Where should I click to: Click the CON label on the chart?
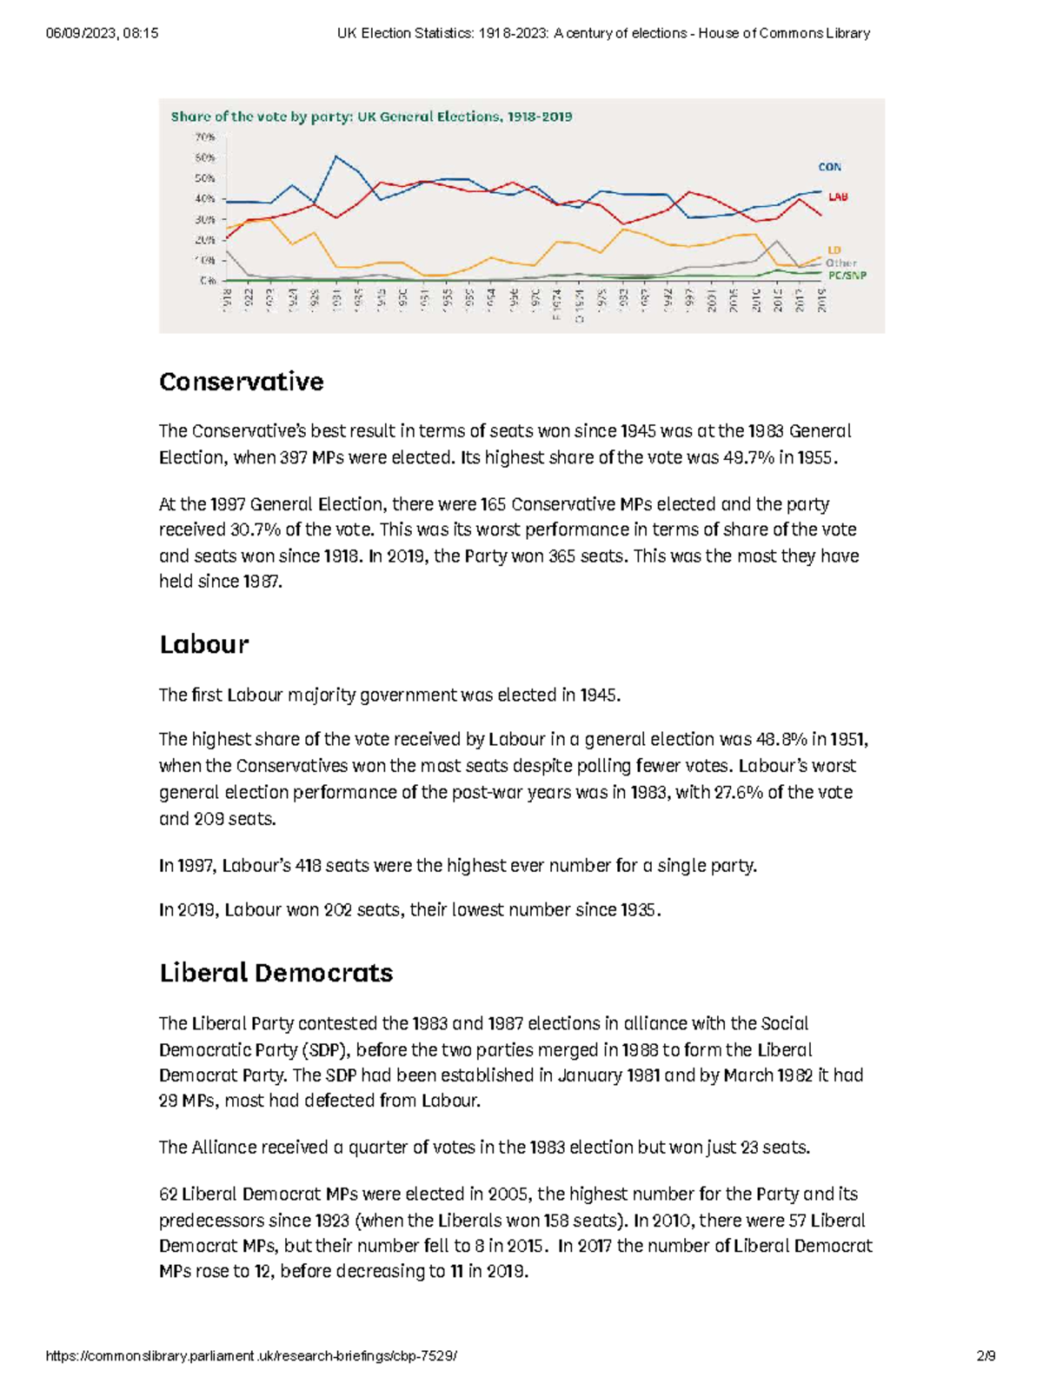click(829, 167)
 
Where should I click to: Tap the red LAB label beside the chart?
click(837, 197)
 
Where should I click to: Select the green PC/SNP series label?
click(847, 276)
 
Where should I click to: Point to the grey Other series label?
click(840, 263)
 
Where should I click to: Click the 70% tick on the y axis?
click(205, 137)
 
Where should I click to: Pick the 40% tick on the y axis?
click(205, 199)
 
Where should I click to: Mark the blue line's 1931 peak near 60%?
click(336, 156)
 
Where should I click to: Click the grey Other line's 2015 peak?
click(777, 241)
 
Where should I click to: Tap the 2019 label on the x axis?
click(821, 301)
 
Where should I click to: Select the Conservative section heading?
click(242, 382)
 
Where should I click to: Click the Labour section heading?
click(204, 644)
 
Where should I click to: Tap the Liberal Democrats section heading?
click(276, 973)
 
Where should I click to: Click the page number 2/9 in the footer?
click(986, 1356)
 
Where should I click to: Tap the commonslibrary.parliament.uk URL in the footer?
click(251, 1356)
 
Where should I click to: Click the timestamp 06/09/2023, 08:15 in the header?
click(103, 33)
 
